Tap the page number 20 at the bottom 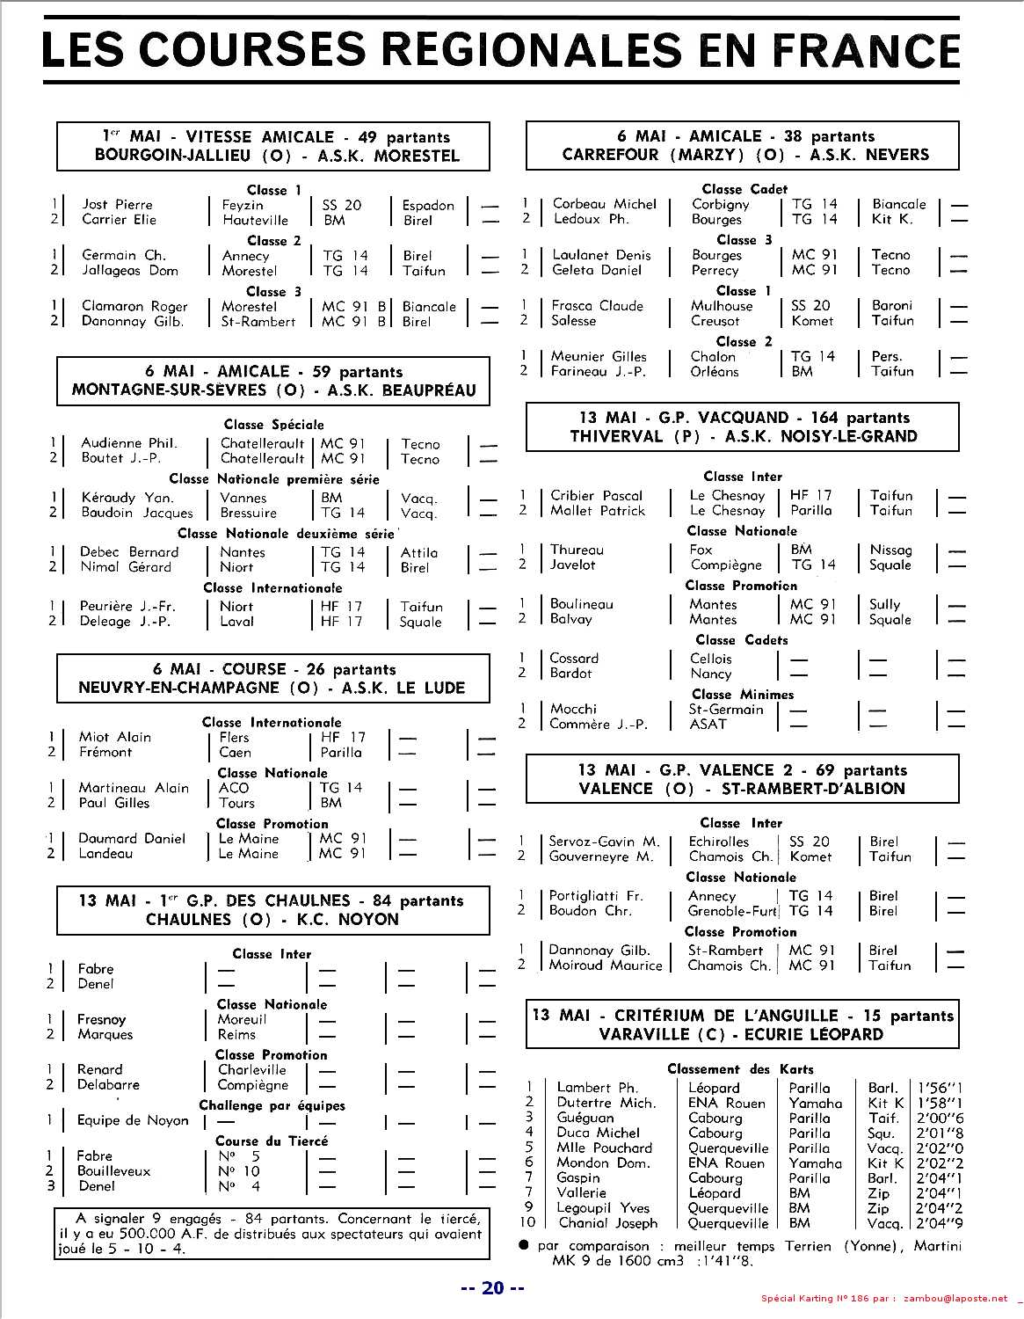click(493, 1287)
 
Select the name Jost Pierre click(117, 205)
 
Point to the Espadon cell click(428, 205)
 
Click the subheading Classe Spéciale click(273, 425)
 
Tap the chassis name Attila click(419, 552)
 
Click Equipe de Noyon click(133, 1120)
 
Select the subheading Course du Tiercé click(272, 1140)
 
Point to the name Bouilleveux click(113, 1171)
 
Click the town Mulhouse click(722, 306)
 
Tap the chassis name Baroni click(892, 306)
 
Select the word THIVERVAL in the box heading click(614, 436)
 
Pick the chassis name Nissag click(891, 550)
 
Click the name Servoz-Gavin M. click(604, 842)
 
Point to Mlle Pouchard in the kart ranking click(604, 1148)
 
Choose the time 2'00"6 click(940, 1119)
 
